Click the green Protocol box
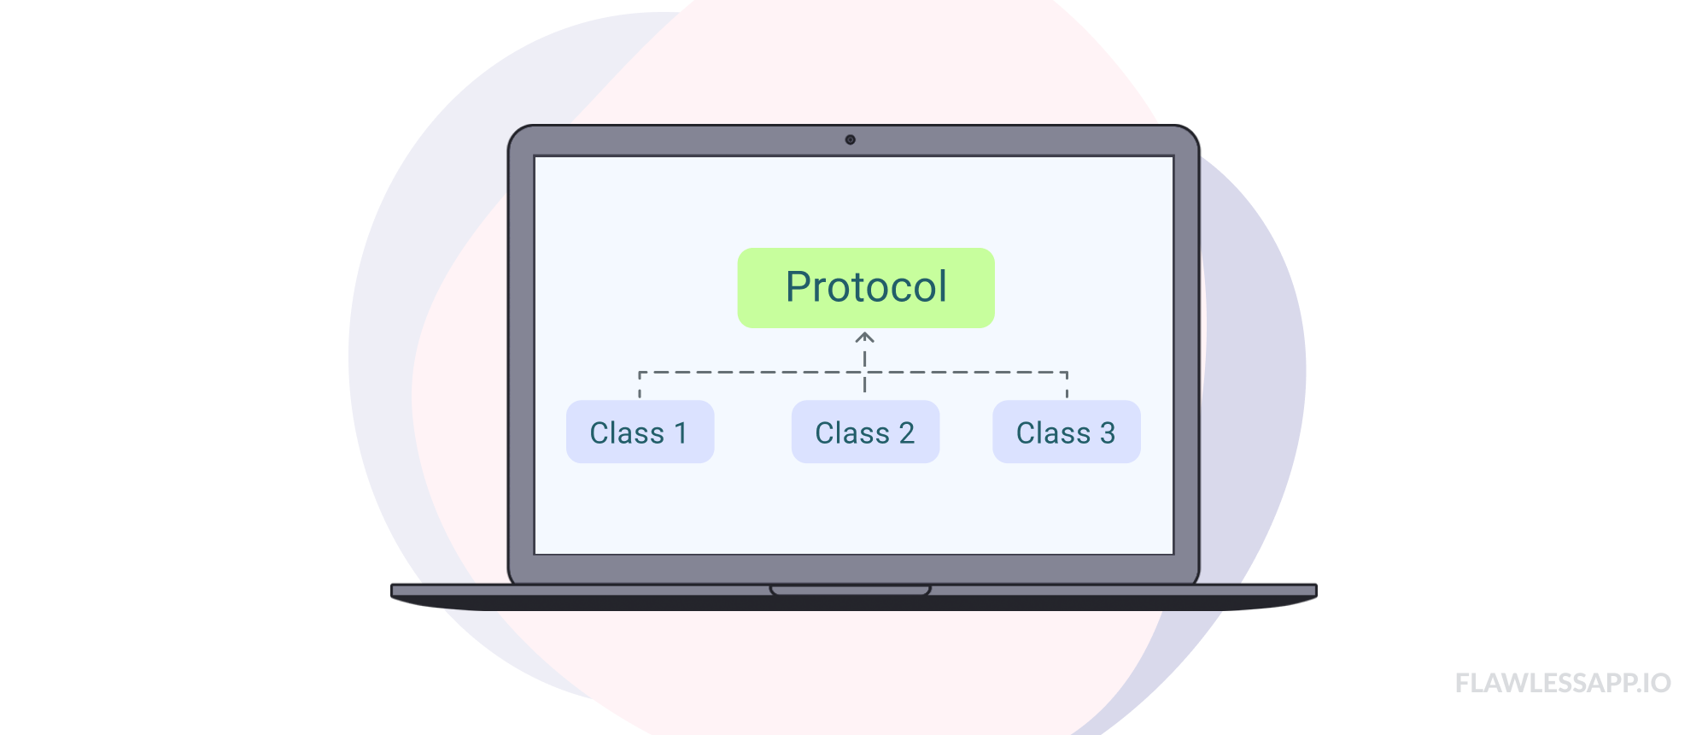866,288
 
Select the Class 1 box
640,432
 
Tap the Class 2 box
865,432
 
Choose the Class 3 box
1066,432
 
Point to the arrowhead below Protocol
865,338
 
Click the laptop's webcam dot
850,139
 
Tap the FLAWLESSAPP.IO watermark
1562,683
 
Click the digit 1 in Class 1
681,433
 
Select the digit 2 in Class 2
906,433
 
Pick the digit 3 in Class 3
1108,433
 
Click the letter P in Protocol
798,287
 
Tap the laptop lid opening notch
850,590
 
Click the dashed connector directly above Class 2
865,382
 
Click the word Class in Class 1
627,433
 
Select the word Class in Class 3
1053,433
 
